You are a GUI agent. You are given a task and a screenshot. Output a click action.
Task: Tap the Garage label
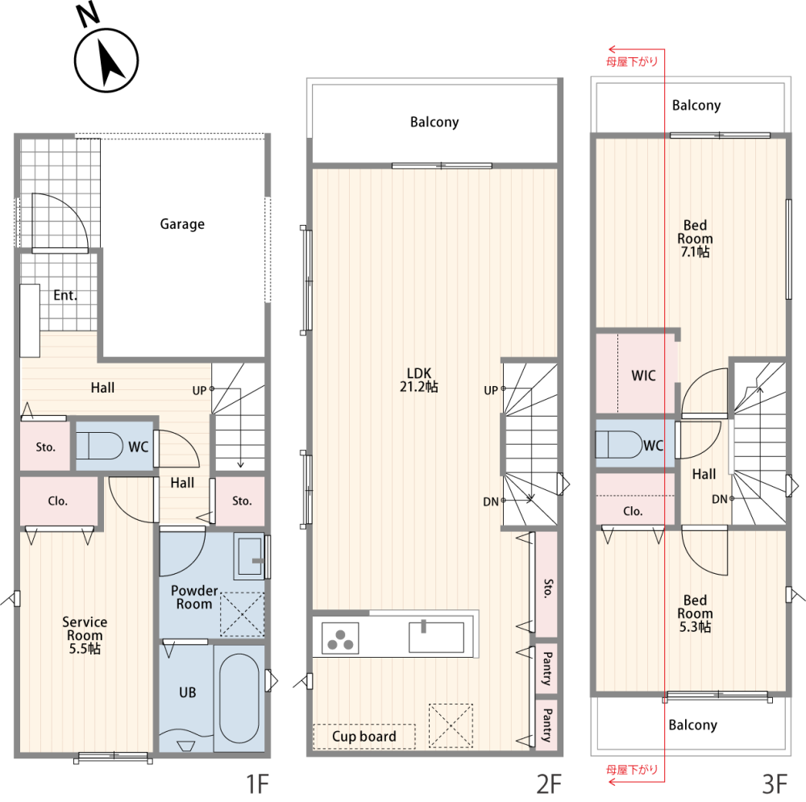182,224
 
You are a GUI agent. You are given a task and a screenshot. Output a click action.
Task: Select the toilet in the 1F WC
100,445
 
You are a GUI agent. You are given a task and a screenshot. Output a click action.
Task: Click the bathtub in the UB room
239,698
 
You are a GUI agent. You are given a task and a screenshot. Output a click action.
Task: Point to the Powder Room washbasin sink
249,556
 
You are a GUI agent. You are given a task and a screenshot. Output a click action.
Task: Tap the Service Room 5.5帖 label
85,635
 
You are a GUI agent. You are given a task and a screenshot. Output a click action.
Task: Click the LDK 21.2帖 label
419,380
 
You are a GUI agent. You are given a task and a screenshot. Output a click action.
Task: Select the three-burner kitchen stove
340,638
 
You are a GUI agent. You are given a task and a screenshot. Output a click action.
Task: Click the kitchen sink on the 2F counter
436,637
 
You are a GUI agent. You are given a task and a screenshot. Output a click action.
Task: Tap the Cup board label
364,736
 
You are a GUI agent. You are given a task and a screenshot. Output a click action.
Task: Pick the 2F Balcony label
434,122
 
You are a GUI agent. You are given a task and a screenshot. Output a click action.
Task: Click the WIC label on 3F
643,376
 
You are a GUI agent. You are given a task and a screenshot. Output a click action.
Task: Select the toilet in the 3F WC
619,444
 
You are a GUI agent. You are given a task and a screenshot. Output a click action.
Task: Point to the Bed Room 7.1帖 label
695,239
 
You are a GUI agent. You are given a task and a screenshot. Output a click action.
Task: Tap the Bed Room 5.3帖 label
695,613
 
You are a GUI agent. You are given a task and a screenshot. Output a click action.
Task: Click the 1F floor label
257,784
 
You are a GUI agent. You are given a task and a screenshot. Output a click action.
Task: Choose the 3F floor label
775,784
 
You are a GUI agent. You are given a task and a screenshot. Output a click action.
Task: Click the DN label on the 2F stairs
490,502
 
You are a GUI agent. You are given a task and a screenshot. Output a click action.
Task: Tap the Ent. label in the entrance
65,295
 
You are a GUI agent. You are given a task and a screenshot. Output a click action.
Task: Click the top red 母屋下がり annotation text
632,62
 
